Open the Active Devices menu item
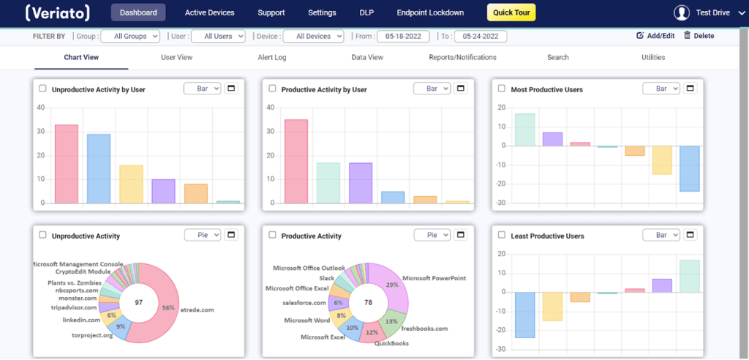[210, 12]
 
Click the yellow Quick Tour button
[511, 12]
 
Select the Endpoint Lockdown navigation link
[430, 12]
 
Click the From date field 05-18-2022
[402, 36]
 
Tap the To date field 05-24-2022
[480, 36]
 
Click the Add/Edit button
[655, 36]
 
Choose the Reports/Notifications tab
[462, 57]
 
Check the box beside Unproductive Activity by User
[42, 89]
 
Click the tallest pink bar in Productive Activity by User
[296, 161]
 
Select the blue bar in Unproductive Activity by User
[99, 168]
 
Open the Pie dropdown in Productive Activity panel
[432, 235]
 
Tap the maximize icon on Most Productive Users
[689, 89]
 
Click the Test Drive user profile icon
[682, 12]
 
